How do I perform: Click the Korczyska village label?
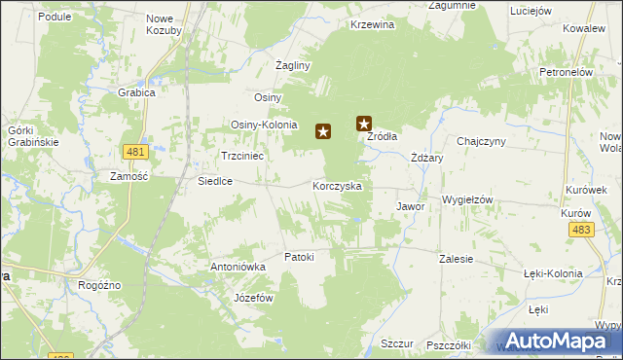point(338,185)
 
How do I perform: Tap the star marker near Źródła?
point(364,124)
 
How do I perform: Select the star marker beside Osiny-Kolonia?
point(322,130)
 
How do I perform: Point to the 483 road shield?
point(582,229)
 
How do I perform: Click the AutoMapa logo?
point(556,341)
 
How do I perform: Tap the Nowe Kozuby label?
point(165,25)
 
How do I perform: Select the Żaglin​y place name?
point(292,65)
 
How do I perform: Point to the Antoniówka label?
point(238,266)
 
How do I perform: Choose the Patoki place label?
point(299,257)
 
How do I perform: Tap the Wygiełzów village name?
point(468,199)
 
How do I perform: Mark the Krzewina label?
point(373,24)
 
